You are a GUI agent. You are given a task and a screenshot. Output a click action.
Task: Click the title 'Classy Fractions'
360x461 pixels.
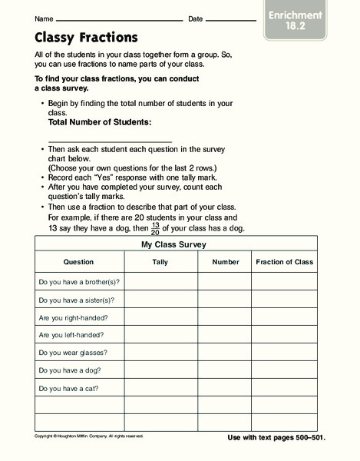pos(87,37)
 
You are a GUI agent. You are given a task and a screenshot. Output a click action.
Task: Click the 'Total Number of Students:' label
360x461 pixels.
pos(100,122)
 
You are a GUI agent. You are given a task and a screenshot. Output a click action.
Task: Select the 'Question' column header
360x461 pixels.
pos(78,262)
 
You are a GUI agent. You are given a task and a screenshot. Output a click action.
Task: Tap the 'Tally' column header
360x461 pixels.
pos(160,262)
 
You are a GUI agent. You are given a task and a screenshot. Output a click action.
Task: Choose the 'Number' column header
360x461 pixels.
pos(226,262)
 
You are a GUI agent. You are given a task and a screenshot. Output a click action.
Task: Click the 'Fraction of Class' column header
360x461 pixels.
pos(284,262)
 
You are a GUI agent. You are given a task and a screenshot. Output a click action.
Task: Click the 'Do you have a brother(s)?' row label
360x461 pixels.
pos(79,281)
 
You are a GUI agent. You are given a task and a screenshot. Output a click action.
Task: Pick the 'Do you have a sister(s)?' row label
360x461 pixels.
pos(76,300)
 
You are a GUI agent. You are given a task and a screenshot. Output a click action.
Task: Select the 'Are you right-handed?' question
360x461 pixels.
pos(73,317)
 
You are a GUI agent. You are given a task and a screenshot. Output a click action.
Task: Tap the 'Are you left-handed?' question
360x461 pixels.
pos(71,335)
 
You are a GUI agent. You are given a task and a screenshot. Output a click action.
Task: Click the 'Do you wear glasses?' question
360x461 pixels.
pos(73,353)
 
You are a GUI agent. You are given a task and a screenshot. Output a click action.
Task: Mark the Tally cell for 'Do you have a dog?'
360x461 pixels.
pos(160,370)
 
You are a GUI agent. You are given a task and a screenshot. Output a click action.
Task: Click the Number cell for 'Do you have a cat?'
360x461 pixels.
pos(226,388)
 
